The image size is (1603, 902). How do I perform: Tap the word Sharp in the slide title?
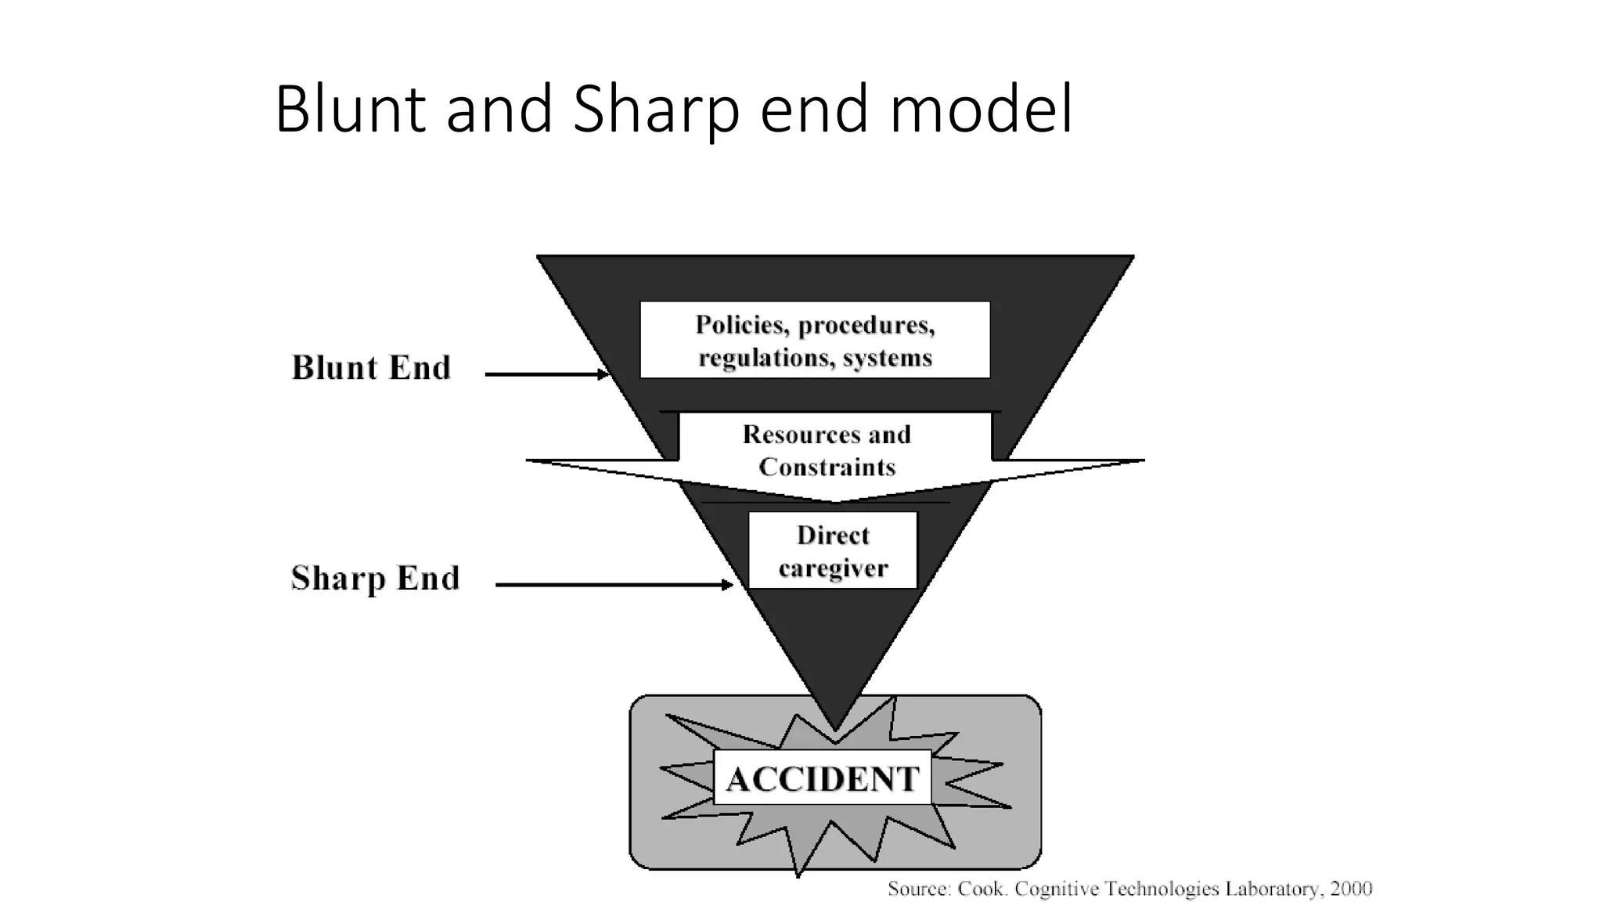[x=655, y=110]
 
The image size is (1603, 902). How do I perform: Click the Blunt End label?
[x=371, y=368]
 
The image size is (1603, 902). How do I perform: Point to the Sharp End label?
[x=375, y=579]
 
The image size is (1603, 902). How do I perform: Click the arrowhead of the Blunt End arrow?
[x=603, y=374]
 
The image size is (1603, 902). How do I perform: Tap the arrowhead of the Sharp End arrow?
[x=728, y=584]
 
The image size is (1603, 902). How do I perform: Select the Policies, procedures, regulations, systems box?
[x=815, y=340]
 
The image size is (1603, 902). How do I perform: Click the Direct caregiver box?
[x=832, y=550]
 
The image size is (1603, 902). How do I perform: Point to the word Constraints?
[x=827, y=467]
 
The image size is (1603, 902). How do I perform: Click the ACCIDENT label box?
[x=822, y=778]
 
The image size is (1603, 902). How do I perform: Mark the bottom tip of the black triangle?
[x=835, y=728]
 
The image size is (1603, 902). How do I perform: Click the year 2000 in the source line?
[x=1352, y=889]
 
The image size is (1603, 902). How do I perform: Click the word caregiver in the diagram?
[x=833, y=568]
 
